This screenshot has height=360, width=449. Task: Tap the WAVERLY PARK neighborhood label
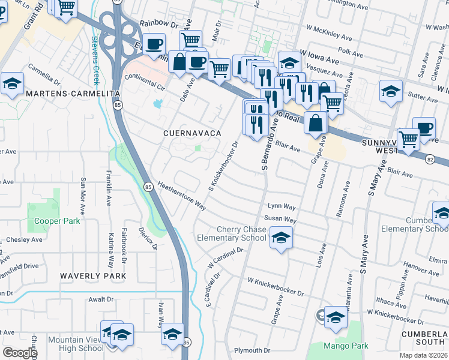(93, 275)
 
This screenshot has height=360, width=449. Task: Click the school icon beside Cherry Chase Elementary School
(280, 238)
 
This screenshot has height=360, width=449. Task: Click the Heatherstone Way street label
(182, 196)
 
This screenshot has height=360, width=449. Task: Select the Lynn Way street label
(282, 206)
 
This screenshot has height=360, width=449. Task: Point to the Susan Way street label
(282, 220)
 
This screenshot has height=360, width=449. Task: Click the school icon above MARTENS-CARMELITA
(12, 85)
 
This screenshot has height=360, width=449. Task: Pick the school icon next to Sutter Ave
(391, 92)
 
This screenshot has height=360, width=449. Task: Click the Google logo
(20, 352)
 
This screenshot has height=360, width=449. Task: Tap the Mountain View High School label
(75, 344)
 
